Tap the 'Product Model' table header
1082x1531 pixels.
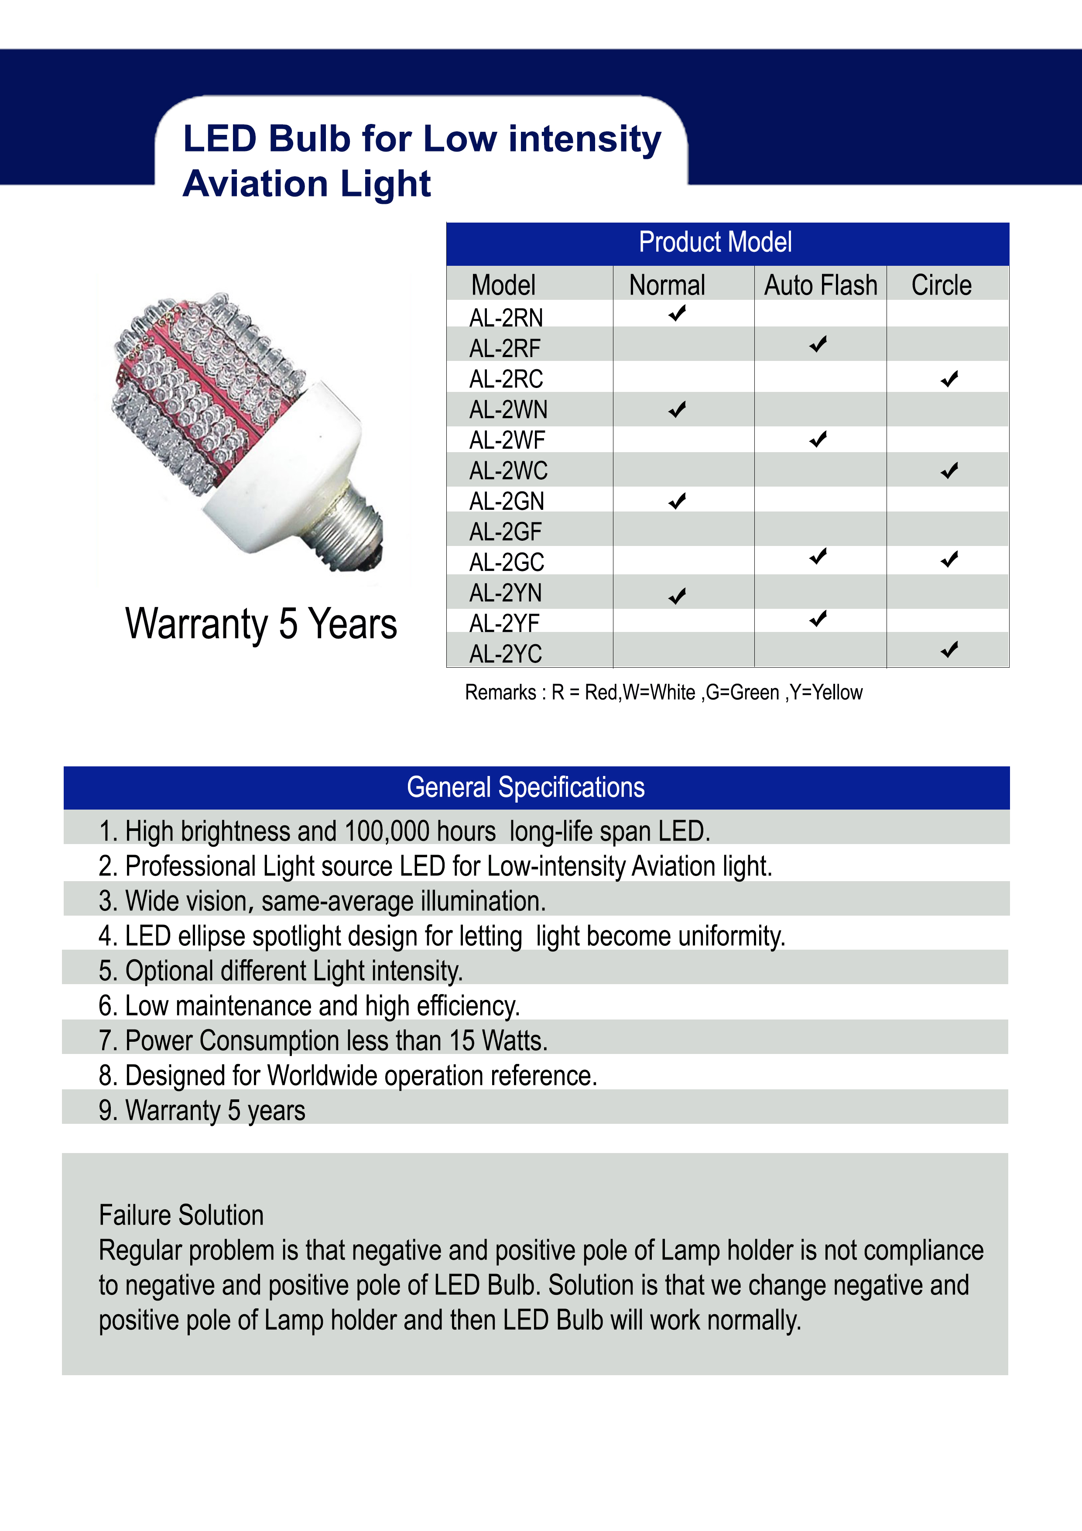point(716,242)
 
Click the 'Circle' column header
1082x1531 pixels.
point(942,285)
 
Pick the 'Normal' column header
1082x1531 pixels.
point(668,285)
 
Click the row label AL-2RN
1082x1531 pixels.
point(506,318)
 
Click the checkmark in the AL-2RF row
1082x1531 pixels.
point(818,345)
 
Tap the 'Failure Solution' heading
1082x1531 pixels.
point(181,1215)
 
